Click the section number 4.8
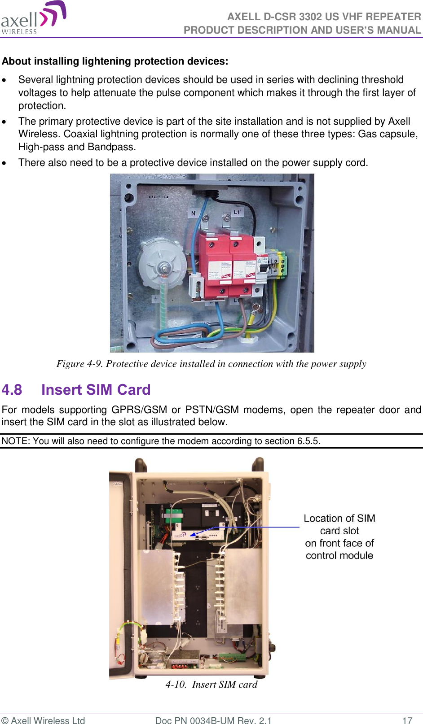coord(12,390)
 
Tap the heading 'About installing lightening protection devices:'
coord(115,61)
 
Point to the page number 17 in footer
coord(407,720)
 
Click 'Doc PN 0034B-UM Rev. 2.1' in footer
coord(213,720)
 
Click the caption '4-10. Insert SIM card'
coord(211,685)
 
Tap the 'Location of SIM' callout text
coord(339,519)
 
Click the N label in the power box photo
coord(194,214)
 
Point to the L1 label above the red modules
coord(237,212)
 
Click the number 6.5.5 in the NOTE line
coord(308,441)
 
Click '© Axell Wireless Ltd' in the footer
coord(43,720)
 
